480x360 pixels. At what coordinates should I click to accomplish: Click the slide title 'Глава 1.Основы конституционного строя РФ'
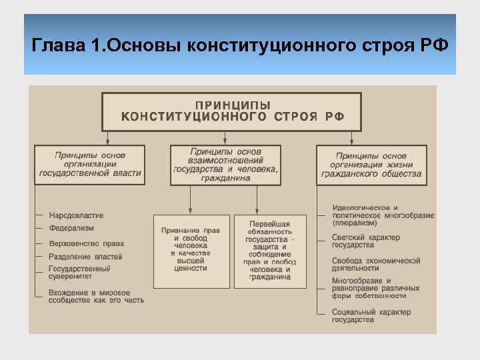pyautogui.click(x=240, y=46)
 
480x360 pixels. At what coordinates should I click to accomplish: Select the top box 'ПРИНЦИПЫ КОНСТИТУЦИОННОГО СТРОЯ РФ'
pyautogui.click(x=231, y=111)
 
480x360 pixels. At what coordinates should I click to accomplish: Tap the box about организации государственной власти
pyautogui.click(x=91, y=164)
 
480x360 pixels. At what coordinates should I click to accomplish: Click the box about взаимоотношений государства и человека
pyautogui.click(x=225, y=164)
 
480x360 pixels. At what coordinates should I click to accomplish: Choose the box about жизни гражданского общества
pyautogui.click(x=372, y=164)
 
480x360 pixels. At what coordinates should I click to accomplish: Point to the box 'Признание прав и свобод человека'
pyautogui.click(x=191, y=250)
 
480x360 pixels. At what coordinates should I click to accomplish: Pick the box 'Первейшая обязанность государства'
pyautogui.click(x=270, y=250)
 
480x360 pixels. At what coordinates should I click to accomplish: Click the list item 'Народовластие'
pyautogui.click(x=76, y=215)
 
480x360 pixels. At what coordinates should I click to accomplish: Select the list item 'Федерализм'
pyautogui.click(x=71, y=228)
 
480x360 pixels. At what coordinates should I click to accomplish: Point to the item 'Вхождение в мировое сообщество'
pyautogui.click(x=96, y=296)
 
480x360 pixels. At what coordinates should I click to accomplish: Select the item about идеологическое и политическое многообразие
pyautogui.click(x=383, y=215)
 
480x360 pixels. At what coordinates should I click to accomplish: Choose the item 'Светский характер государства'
pyautogui.click(x=367, y=241)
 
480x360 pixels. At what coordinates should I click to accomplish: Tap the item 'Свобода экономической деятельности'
pyautogui.click(x=376, y=264)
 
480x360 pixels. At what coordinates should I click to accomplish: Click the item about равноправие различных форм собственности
pyautogui.click(x=376, y=288)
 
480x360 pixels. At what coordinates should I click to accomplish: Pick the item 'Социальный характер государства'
pyautogui.click(x=371, y=316)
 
